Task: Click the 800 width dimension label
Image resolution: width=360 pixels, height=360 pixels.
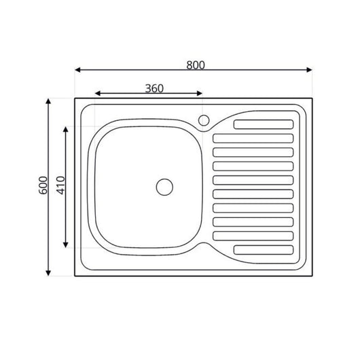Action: pyautogui.click(x=195, y=65)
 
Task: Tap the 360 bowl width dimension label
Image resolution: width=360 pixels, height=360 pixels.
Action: pyautogui.click(x=154, y=88)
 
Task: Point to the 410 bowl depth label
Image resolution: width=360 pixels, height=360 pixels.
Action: pyautogui.click(x=60, y=186)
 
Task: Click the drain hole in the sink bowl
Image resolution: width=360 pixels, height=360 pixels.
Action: pyautogui.click(x=164, y=185)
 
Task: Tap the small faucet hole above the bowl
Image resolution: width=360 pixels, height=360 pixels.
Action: pyautogui.click(x=203, y=121)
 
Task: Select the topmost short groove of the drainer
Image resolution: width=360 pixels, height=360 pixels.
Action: pyautogui.click(x=264, y=124)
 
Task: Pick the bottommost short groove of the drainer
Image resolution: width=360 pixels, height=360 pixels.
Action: pyautogui.click(x=264, y=249)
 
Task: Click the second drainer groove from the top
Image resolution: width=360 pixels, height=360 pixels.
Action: pyautogui.click(x=253, y=138)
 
